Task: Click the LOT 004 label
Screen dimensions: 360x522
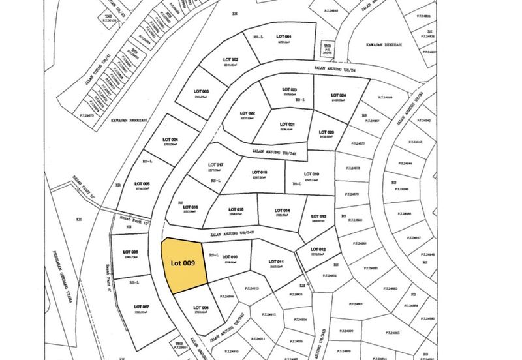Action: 170,140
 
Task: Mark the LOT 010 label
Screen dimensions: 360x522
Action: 229,257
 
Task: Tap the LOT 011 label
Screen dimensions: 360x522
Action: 277,262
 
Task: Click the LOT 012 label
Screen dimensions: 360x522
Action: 318,250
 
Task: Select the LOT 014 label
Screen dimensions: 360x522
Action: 283,210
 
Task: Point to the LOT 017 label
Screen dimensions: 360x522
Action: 215,164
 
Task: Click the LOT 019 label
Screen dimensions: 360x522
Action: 311,174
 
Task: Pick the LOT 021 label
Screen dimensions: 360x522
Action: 288,124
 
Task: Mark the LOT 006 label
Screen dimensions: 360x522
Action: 130,252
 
